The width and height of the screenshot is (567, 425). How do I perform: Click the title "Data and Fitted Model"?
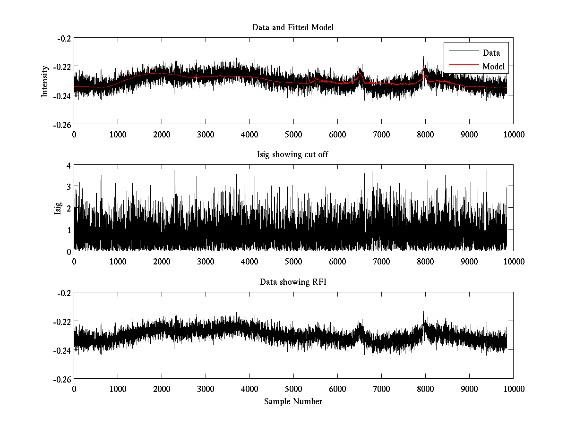(293, 27)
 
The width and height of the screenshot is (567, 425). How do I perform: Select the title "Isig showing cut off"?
(293, 155)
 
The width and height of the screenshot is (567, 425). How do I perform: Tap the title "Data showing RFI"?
(293, 282)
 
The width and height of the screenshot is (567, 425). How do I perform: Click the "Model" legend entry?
(493, 67)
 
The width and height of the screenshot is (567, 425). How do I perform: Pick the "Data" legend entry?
(491, 53)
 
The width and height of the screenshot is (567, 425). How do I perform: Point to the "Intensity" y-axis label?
(45, 81)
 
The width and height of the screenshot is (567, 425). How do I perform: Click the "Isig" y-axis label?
(58, 208)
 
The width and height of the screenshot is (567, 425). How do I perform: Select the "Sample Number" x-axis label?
(293, 401)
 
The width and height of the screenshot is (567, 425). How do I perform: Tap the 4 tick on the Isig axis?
(68, 166)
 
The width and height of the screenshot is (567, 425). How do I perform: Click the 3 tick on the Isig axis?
(68, 187)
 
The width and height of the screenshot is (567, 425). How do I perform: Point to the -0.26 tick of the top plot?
(64, 124)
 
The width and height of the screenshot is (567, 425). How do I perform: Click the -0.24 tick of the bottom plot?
(64, 350)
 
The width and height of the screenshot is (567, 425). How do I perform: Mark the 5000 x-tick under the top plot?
(293, 134)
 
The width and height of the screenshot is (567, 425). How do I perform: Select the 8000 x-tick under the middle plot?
(425, 262)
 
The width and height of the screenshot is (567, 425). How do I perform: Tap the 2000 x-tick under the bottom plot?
(162, 389)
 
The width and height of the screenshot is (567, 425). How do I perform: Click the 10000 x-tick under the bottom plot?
(513, 389)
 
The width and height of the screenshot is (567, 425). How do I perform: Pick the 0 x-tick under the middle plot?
(74, 262)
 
